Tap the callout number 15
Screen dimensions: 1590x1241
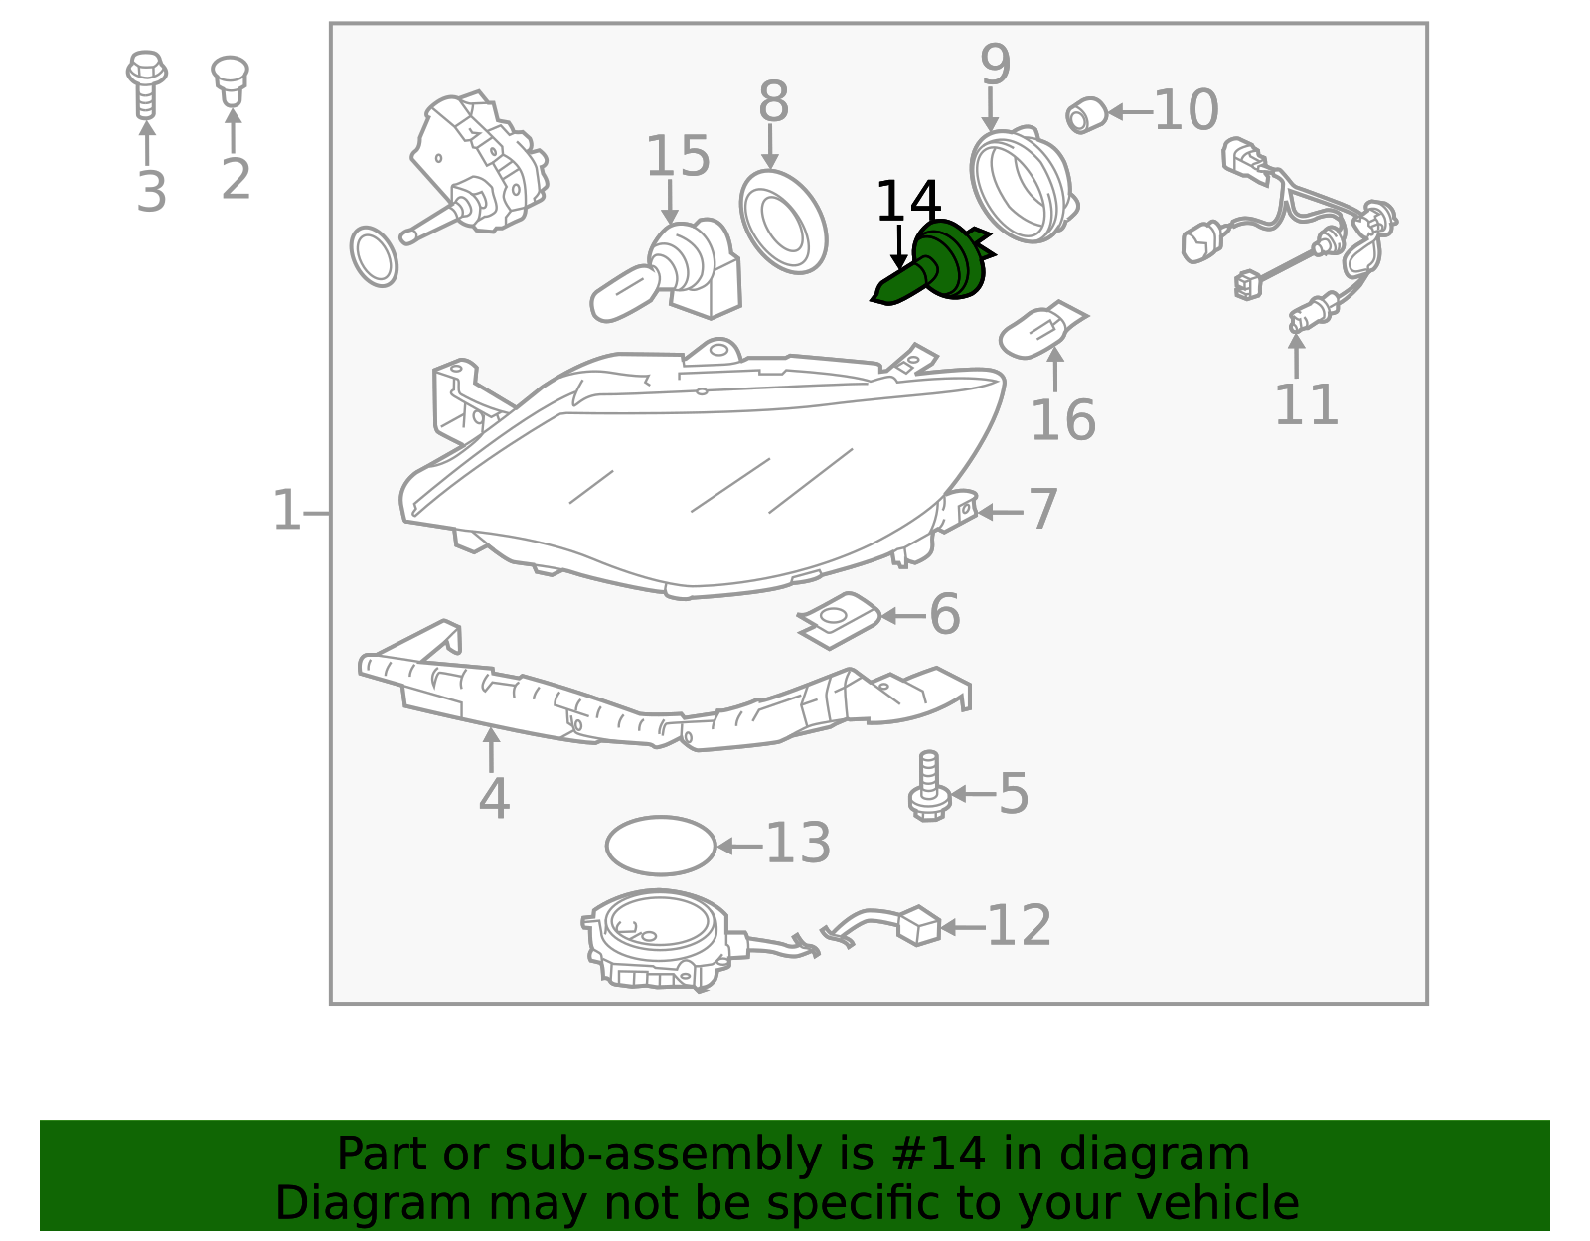(x=678, y=157)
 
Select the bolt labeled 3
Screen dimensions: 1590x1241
(x=146, y=84)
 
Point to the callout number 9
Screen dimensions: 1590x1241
(x=995, y=65)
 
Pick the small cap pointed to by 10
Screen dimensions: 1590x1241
(x=1087, y=115)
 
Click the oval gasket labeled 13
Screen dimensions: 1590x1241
(x=661, y=846)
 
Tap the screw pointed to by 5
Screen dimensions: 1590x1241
(x=929, y=786)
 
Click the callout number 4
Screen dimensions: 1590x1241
(x=494, y=798)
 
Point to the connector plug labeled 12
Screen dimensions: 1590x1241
(x=917, y=925)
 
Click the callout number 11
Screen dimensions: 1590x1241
(x=1306, y=404)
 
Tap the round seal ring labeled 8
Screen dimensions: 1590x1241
(x=783, y=222)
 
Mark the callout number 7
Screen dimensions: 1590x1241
(x=1043, y=509)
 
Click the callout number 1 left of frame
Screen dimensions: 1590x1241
(x=286, y=511)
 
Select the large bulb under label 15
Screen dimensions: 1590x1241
(x=666, y=270)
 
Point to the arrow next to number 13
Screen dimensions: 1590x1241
(x=739, y=847)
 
